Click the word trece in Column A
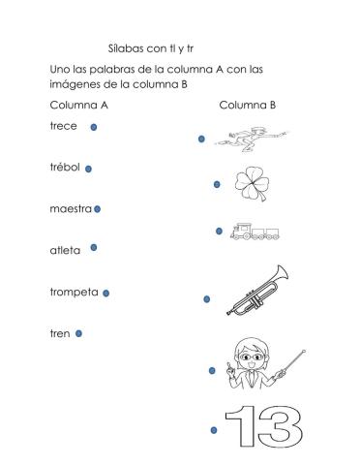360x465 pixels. click(63, 126)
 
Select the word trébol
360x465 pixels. click(65, 167)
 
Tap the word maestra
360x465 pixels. click(71, 207)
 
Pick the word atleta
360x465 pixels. click(65, 249)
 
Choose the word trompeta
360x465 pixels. click(74, 292)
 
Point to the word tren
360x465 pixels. click(59, 333)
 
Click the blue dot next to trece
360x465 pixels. click(93, 127)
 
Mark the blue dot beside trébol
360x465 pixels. click(88, 168)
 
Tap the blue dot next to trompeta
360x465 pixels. click(105, 293)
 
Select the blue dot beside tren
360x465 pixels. click(78, 333)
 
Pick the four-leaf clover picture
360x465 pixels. click(255, 180)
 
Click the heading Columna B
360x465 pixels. click(247, 105)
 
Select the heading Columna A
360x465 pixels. click(78, 105)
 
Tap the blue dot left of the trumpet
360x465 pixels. click(206, 299)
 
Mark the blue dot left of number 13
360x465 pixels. click(211, 429)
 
